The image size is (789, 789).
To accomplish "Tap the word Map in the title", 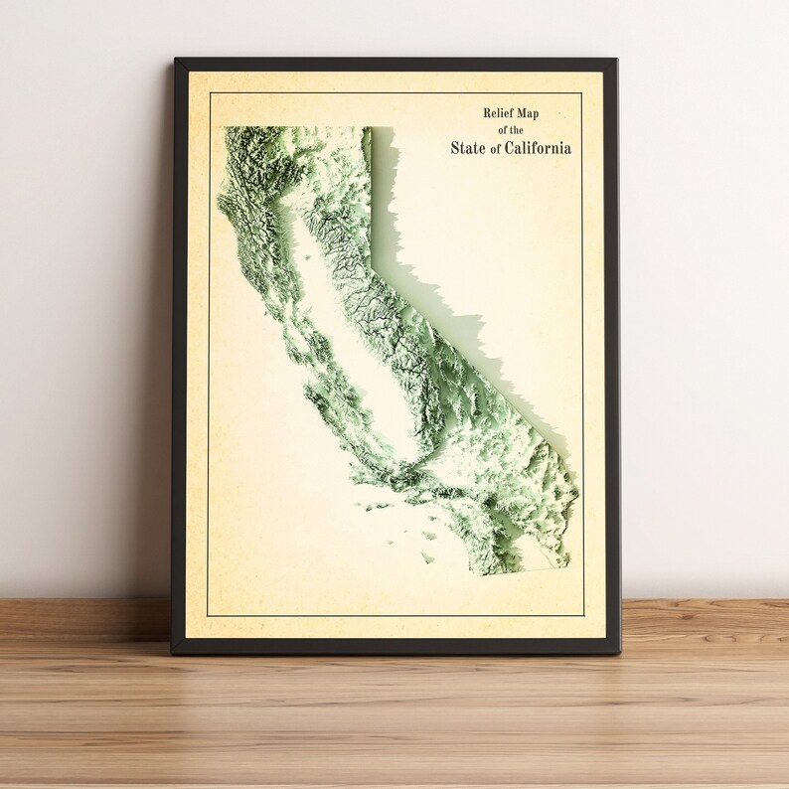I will pos(538,113).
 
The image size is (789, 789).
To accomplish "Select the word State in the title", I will pos(468,148).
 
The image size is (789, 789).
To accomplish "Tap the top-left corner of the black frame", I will pos(176,61).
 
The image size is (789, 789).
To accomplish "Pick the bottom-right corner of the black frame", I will pos(619,653).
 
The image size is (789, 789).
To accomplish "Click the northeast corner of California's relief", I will pos(369,128).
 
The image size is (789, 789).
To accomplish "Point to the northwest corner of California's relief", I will pos(227,129).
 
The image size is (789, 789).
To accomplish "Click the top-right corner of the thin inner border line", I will pos(583,93).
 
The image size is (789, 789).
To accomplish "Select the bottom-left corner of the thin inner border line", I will pos(208,616).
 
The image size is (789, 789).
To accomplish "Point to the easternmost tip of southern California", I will pos(577,492).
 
